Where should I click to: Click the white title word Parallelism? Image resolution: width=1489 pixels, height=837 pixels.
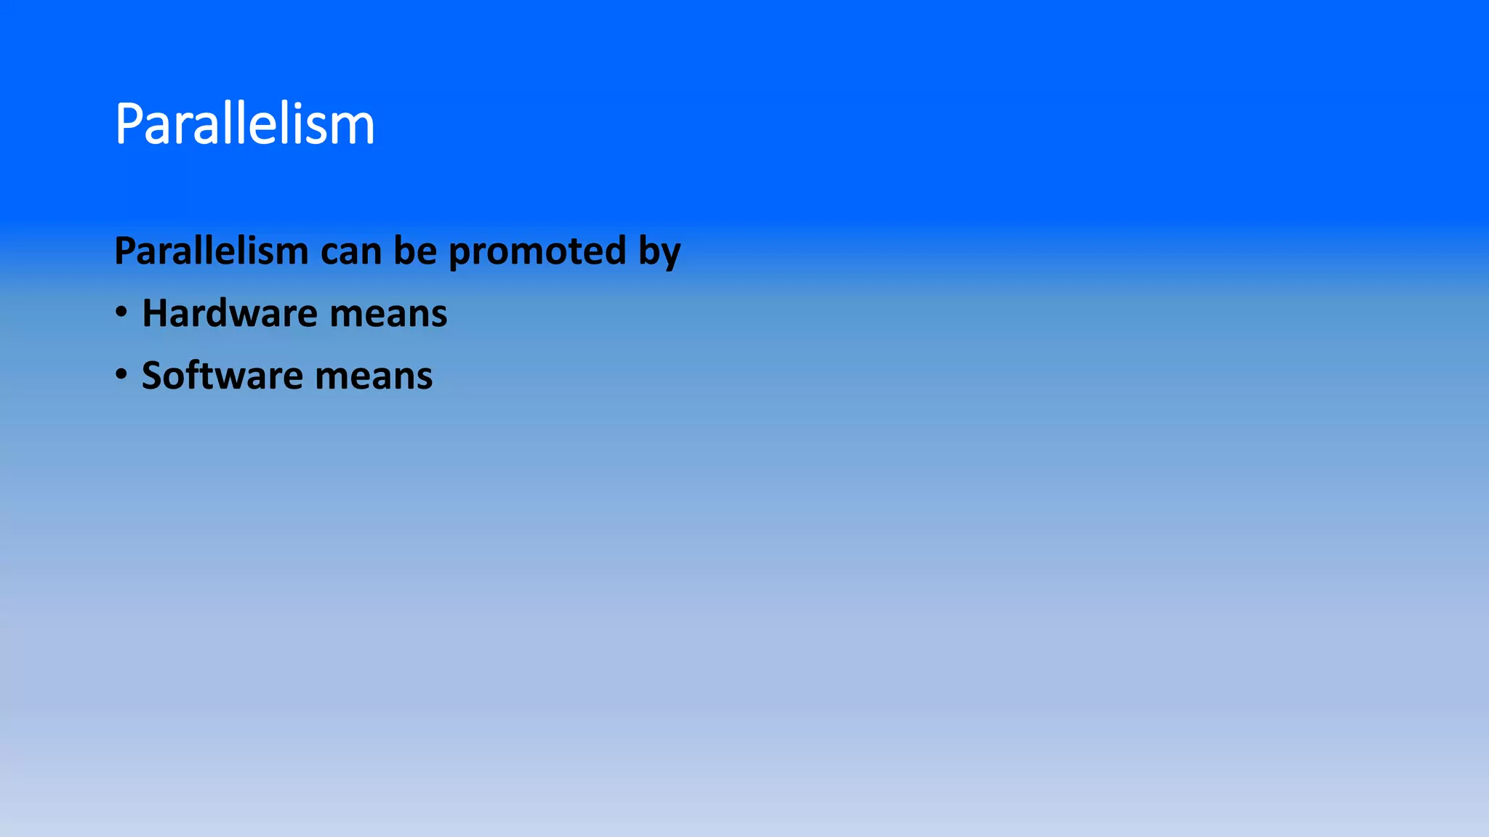point(244,124)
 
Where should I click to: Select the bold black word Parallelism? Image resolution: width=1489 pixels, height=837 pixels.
point(212,251)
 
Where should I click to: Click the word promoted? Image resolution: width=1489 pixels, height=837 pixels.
point(537,252)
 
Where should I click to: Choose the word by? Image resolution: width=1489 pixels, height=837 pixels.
point(659,252)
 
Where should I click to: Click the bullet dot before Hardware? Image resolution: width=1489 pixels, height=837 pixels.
point(121,312)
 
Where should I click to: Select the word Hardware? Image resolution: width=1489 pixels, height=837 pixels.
point(230,313)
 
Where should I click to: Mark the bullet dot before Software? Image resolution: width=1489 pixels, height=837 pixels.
point(121,375)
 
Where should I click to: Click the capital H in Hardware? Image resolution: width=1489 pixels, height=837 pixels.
point(155,313)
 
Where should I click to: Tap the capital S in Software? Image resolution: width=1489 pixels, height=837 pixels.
point(152,376)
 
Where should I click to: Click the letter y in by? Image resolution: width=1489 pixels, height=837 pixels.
point(670,254)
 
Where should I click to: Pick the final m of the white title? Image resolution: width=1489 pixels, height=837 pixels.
point(356,129)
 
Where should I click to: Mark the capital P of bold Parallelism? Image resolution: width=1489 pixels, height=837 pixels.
point(125,251)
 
